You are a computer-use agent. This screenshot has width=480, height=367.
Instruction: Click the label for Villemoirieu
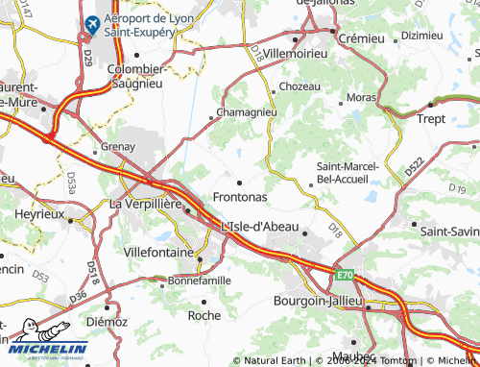(x=297, y=54)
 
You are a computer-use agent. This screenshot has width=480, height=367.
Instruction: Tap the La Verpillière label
(x=148, y=204)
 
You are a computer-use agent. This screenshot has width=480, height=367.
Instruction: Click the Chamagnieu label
(x=248, y=112)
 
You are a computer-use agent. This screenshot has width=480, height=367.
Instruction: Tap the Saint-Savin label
(x=449, y=231)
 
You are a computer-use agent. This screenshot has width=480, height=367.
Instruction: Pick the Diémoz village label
(x=107, y=322)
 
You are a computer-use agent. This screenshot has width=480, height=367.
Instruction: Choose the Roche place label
(x=204, y=314)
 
